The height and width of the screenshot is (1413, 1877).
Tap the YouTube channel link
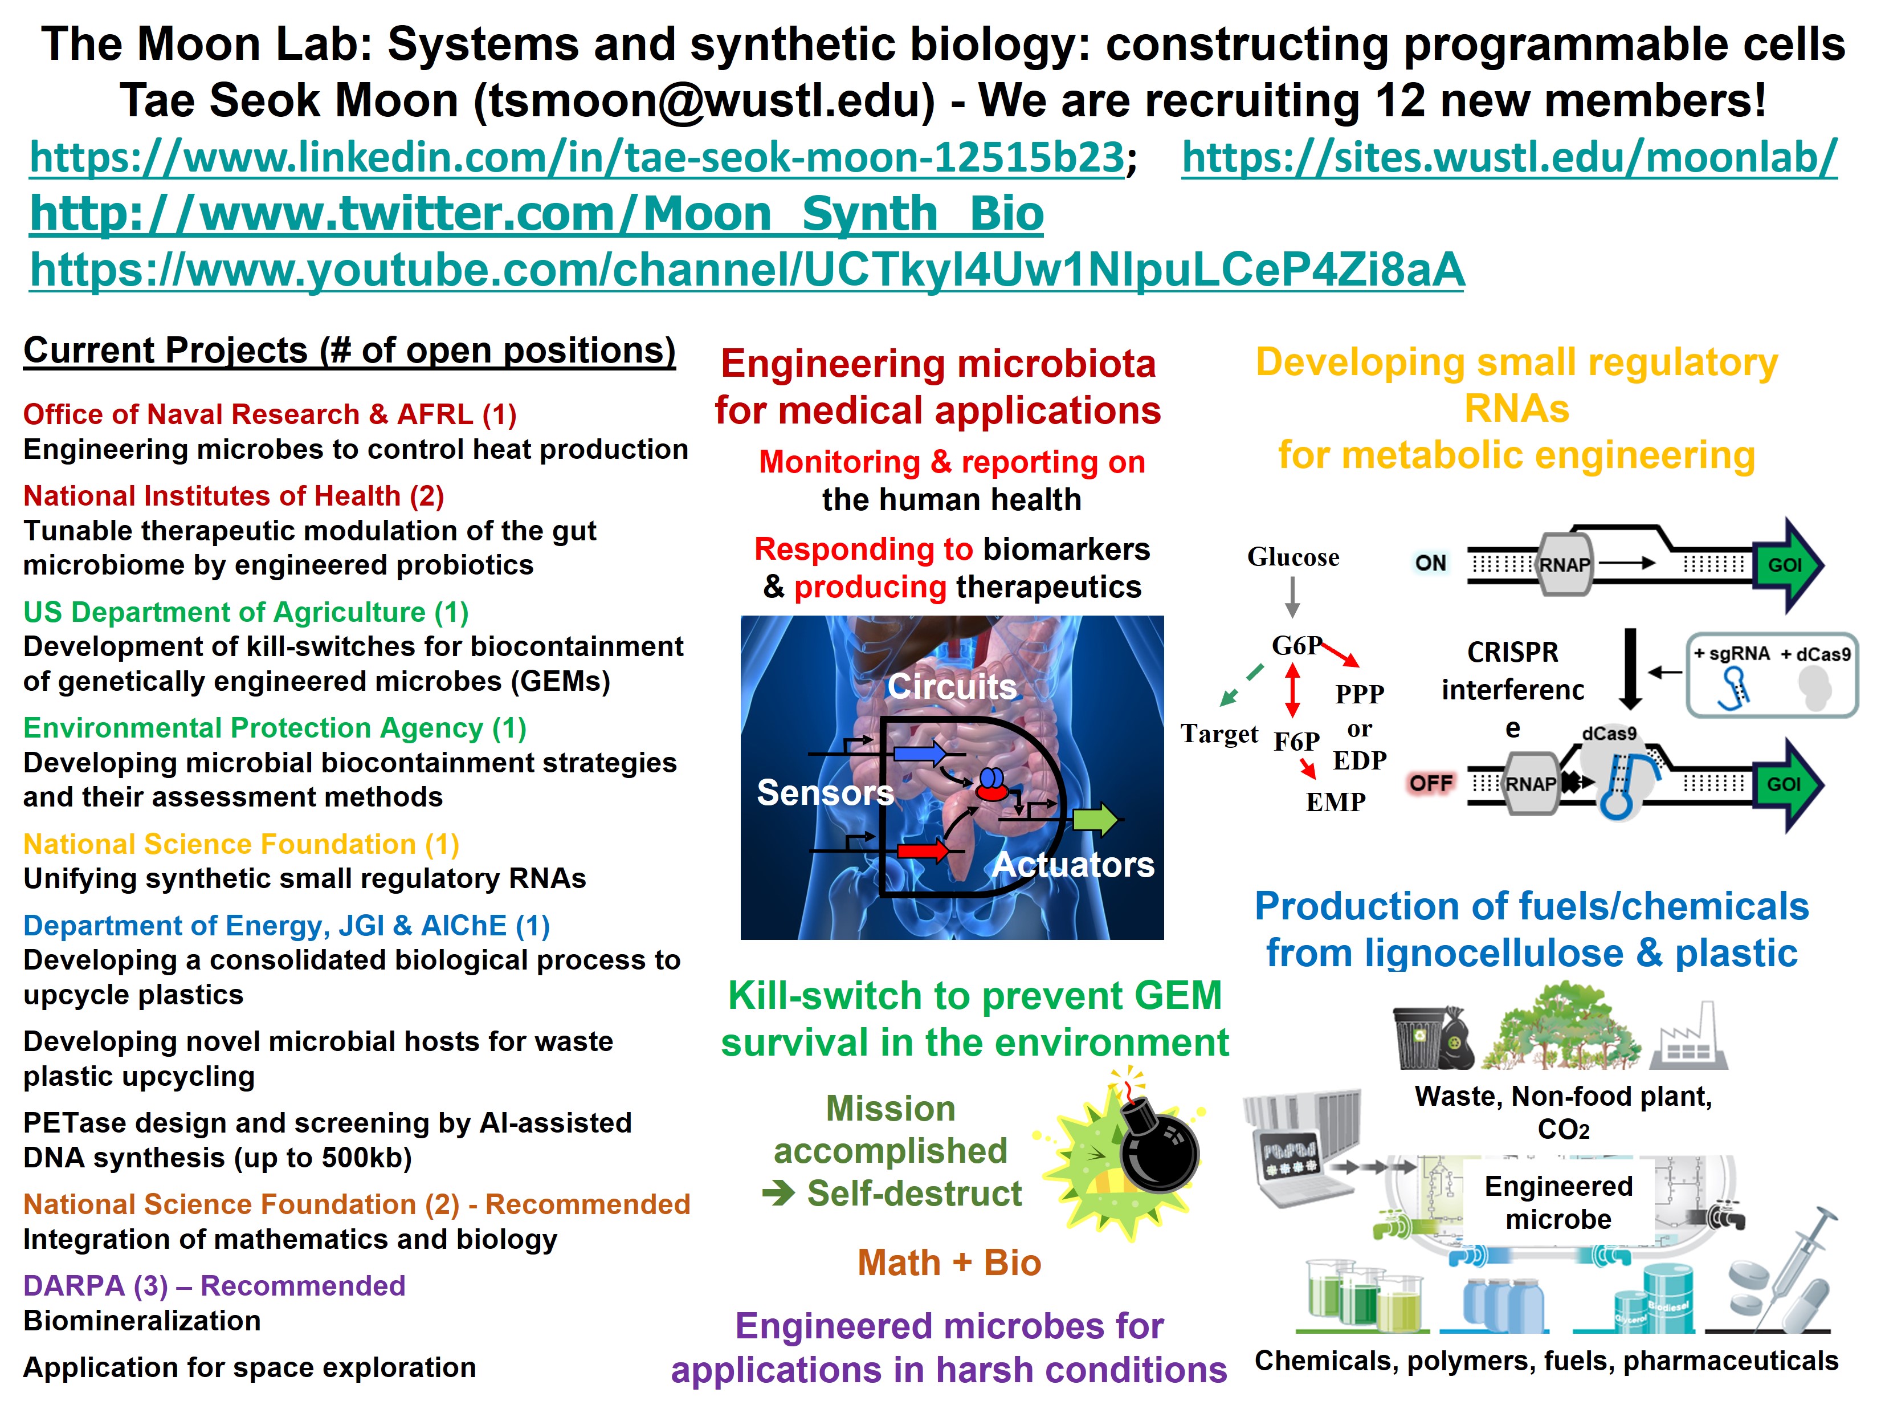[x=746, y=270]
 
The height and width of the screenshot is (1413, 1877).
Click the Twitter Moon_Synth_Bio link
[x=536, y=213]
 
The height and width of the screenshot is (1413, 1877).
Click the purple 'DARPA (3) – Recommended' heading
[x=214, y=1286]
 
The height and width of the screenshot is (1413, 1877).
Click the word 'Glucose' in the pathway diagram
[x=1293, y=557]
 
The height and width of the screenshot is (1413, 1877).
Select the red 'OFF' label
[x=1431, y=783]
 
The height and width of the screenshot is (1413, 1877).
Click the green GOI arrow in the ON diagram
[x=1787, y=565]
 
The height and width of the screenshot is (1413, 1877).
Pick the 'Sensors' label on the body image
[x=825, y=793]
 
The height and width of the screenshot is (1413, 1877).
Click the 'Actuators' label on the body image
[x=1074, y=865]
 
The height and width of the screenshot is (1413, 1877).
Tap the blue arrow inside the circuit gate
[x=920, y=753]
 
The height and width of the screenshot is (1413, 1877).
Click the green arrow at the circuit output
[x=1095, y=820]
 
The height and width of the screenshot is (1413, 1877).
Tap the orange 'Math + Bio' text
[x=949, y=1263]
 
